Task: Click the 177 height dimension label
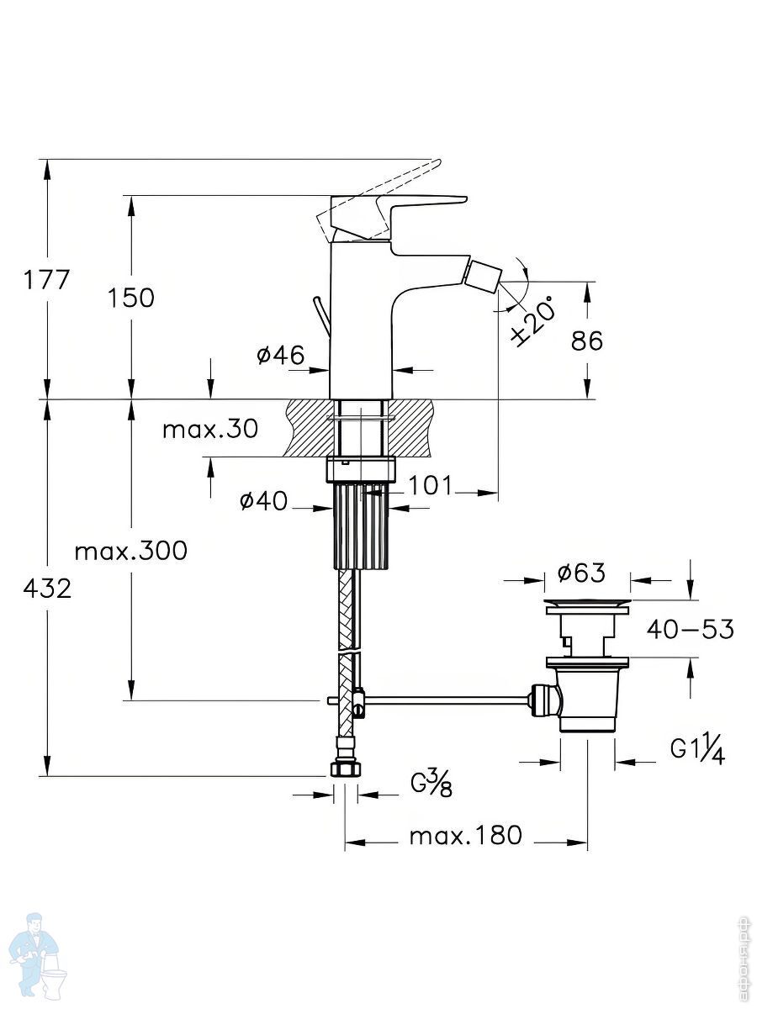pos(47,279)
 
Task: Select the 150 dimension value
pos(130,297)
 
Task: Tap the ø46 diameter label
pos(280,356)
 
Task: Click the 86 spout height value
pos(586,341)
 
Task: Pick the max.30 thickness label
pos(209,429)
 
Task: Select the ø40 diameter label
pos(263,502)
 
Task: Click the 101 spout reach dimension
pos(431,485)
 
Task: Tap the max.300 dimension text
pos(130,552)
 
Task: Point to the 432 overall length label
pos(47,589)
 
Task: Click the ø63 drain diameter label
pos(581,573)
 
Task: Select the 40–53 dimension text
pos(690,629)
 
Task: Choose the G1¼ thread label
pos(697,748)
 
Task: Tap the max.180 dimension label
pos(465,836)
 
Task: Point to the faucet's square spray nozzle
pos(483,274)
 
